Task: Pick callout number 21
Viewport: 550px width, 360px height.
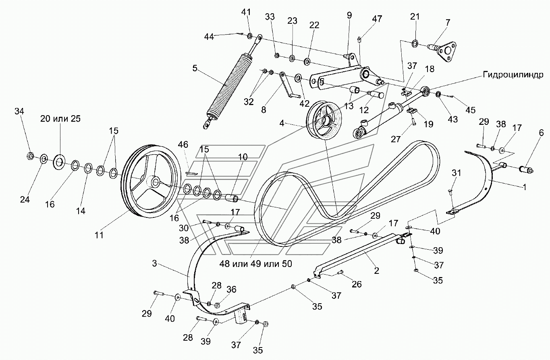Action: point(415,17)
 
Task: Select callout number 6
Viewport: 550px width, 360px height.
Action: point(541,133)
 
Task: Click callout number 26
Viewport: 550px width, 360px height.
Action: point(357,284)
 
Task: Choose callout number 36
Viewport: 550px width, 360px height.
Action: point(231,289)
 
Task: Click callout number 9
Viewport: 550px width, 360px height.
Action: point(349,16)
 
